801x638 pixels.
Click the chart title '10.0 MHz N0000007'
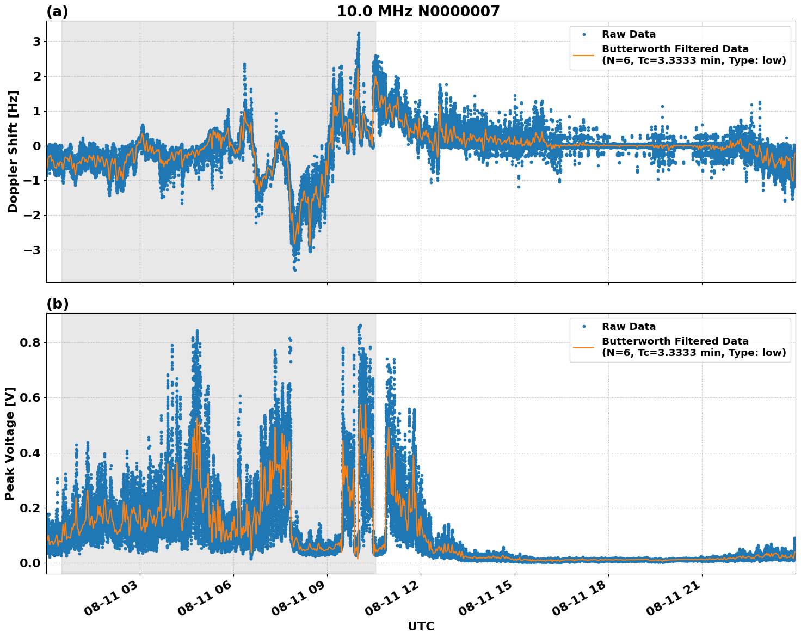pos(418,11)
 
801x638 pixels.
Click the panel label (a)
pos(57,12)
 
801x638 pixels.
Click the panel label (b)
pos(57,304)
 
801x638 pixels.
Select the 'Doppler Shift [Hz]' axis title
pos(13,151)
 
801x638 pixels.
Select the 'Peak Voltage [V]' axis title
pos(10,443)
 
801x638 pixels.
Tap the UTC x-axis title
pos(421,627)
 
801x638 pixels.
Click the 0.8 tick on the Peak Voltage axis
pos(30,343)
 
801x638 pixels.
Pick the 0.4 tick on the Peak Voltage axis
pos(30,453)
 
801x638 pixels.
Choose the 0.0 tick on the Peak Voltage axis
pos(30,563)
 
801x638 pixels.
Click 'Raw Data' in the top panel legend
pos(629,35)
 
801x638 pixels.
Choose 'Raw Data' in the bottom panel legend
pos(629,327)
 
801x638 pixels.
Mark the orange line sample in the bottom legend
pos(584,347)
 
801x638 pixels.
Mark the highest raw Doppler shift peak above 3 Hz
pos(359,34)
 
